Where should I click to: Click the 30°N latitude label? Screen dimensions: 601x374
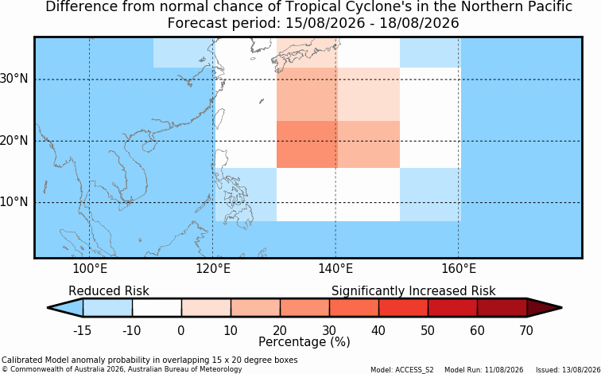pos(14,80)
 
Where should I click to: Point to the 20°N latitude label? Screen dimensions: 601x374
pos(14,141)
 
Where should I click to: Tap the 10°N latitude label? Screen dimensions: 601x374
pos(14,202)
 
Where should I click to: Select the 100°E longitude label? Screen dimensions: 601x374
pos(90,269)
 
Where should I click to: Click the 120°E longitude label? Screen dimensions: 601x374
pos(213,269)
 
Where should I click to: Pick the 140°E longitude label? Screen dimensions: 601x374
pos(335,269)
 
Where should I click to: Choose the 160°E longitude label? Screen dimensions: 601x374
pos(458,269)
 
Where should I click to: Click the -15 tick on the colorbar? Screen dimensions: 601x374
pos(82,330)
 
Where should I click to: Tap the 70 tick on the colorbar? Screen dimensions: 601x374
pos(526,330)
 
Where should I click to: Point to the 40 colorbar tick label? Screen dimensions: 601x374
pos(378,330)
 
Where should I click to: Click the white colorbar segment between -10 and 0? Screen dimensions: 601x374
pos(157,308)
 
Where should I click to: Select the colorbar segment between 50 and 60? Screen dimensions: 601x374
pos(452,308)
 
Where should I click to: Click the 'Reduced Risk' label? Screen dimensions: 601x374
pos(109,291)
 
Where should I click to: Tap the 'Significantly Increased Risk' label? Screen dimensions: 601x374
pos(413,291)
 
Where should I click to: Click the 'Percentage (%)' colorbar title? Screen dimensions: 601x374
pos(304,341)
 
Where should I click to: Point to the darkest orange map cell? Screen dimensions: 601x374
pos(307,145)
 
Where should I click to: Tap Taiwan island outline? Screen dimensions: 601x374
pos(219,119)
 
